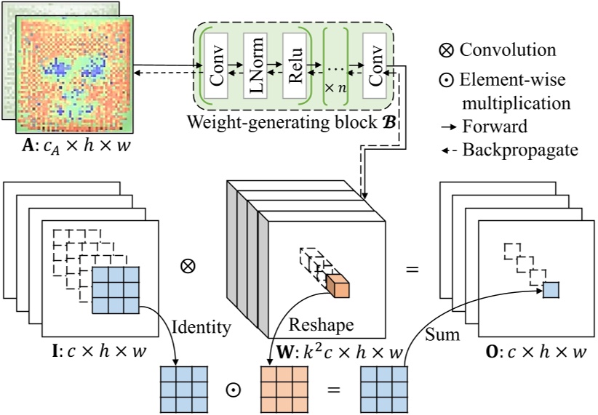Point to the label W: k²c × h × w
[335, 352]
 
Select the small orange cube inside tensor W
[337, 285]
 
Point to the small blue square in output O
[551, 289]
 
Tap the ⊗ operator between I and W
[188, 266]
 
